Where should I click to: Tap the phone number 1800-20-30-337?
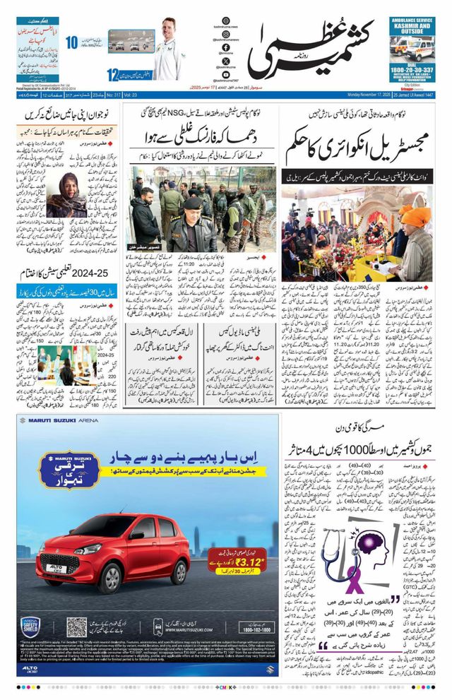(x=412, y=71)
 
